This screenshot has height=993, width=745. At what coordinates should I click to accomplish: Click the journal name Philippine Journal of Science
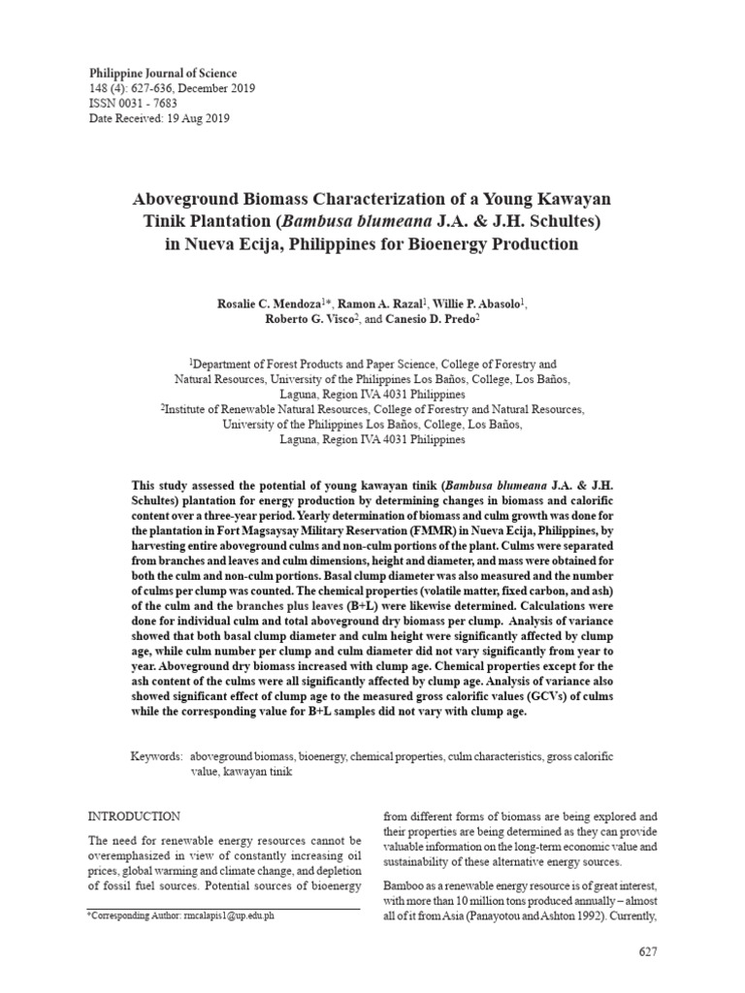pyautogui.click(x=163, y=73)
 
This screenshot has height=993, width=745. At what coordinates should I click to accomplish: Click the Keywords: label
pyautogui.click(x=157, y=754)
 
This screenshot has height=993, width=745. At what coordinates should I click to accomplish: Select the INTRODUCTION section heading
pyautogui.click(x=134, y=817)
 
